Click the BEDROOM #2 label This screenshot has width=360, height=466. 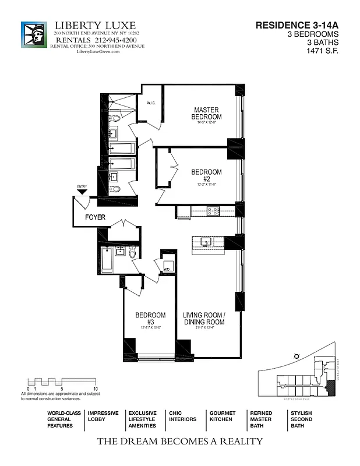click(x=206, y=175)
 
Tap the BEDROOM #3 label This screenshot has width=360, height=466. click(x=150, y=319)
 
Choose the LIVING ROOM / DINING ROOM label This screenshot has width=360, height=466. click(x=204, y=319)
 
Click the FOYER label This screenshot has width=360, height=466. click(x=95, y=217)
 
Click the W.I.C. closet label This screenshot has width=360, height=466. click(x=151, y=103)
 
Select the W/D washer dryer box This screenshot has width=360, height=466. click(x=167, y=269)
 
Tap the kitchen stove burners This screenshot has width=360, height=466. click(x=213, y=211)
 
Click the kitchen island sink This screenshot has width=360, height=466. click(x=206, y=242)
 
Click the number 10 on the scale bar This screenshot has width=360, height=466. click(x=96, y=388)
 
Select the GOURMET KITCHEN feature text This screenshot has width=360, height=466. click(x=222, y=416)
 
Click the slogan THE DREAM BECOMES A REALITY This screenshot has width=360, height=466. click(x=179, y=441)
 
